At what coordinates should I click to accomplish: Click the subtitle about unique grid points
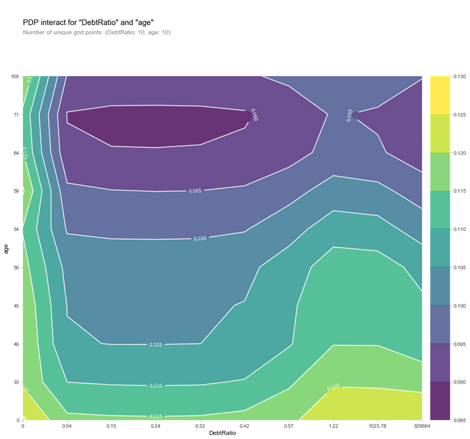[x=96, y=32]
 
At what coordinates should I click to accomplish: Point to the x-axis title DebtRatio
[x=222, y=433]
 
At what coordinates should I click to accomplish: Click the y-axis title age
[x=6, y=248]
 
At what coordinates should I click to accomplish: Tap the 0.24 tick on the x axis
[x=156, y=425]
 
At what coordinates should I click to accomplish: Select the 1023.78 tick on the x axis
[x=377, y=425]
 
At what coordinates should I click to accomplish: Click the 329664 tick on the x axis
[x=420, y=425]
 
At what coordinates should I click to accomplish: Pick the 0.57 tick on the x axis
[x=289, y=425]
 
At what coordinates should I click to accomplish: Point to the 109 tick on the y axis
[x=15, y=76]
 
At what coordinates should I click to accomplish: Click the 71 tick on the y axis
[x=16, y=115]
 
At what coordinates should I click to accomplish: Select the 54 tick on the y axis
[x=16, y=229]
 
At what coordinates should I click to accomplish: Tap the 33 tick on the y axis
[x=16, y=382]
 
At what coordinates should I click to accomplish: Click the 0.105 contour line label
[x=156, y=344]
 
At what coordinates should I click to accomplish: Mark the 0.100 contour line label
[x=200, y=238]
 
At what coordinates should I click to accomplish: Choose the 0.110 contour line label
[x=156, y=386]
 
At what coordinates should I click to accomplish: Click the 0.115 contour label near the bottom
[x=156, y=416]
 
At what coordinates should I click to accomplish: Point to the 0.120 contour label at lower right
[x=334, y=387]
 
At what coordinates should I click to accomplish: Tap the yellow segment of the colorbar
[x=440, y=95]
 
